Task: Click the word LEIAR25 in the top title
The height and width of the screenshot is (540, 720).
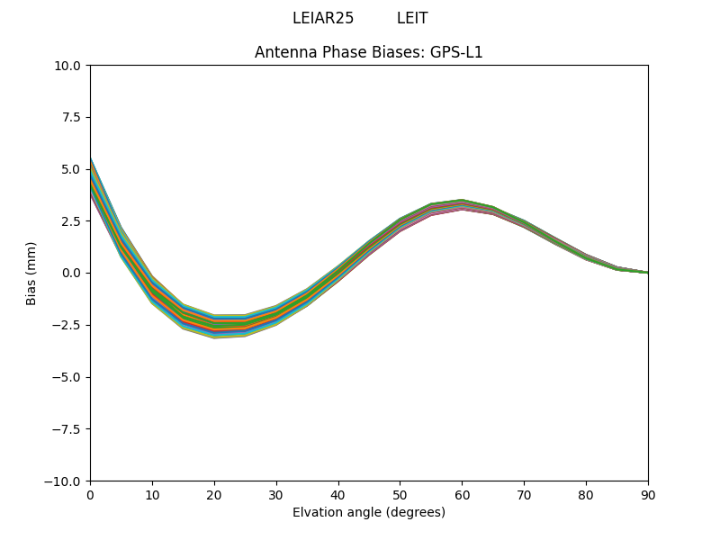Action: pyautogui.click(x=323, y=18)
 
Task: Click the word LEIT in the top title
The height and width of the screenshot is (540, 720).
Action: pyautogui.click(x=412, y=18)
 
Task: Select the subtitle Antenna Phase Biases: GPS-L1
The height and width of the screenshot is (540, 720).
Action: pyautogui.click(x=369, y=52)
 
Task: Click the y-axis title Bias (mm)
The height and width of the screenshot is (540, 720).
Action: pyautogui.click(x=31, y=273)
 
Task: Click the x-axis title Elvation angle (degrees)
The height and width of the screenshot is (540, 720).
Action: pyautogui.click(x=369, y=512)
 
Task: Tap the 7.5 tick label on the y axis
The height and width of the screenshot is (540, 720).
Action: pyautogui.click(x=72, y=118)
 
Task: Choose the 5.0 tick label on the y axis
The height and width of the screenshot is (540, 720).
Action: pyautogui.click(x=72, y=169)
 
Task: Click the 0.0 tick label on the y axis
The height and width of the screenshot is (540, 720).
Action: pyautogui.click(x=72, y=273)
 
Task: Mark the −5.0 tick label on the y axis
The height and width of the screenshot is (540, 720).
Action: pyautogui.click(x=68, y=377)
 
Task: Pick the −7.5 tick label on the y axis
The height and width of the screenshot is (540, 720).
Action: pyautogui.click(x=68, y=429)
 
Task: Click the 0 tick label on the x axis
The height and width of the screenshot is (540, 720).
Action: pyautogui.click(x=90, y=494)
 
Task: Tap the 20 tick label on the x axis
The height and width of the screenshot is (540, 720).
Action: pyautogui.click(x=214, y=494)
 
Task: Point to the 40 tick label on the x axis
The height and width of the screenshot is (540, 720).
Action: pyautogui.click(x=338, y=494)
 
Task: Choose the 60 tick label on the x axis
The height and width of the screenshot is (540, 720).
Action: pyautogui.click(x=462, y=494)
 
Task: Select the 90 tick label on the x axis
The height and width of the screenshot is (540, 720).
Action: pyautogui.click(x=648, y=494)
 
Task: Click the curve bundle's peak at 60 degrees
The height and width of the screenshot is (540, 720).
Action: pyautogui.click(x=462, y=204)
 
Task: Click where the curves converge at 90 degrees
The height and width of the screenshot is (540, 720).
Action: pyautogui.click(x=646, y=272)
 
